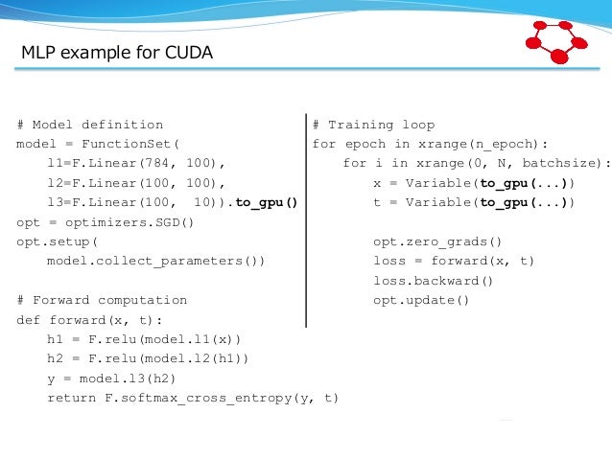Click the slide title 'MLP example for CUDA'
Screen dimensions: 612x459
pos(117,53)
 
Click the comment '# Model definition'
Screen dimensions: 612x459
pos(90,125)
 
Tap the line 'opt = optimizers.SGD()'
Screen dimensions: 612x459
pos(106,221)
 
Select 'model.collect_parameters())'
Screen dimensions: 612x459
pos(155,260)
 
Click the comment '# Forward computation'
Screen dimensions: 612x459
pos(102,300)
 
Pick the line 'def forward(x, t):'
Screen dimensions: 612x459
pos(90,320)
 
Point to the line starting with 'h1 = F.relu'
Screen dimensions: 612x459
pos(144,339)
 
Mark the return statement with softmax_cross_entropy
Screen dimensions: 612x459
pos(193,398)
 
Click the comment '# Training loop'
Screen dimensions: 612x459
pos(373,125)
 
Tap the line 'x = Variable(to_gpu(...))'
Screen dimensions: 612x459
pos(474,182)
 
